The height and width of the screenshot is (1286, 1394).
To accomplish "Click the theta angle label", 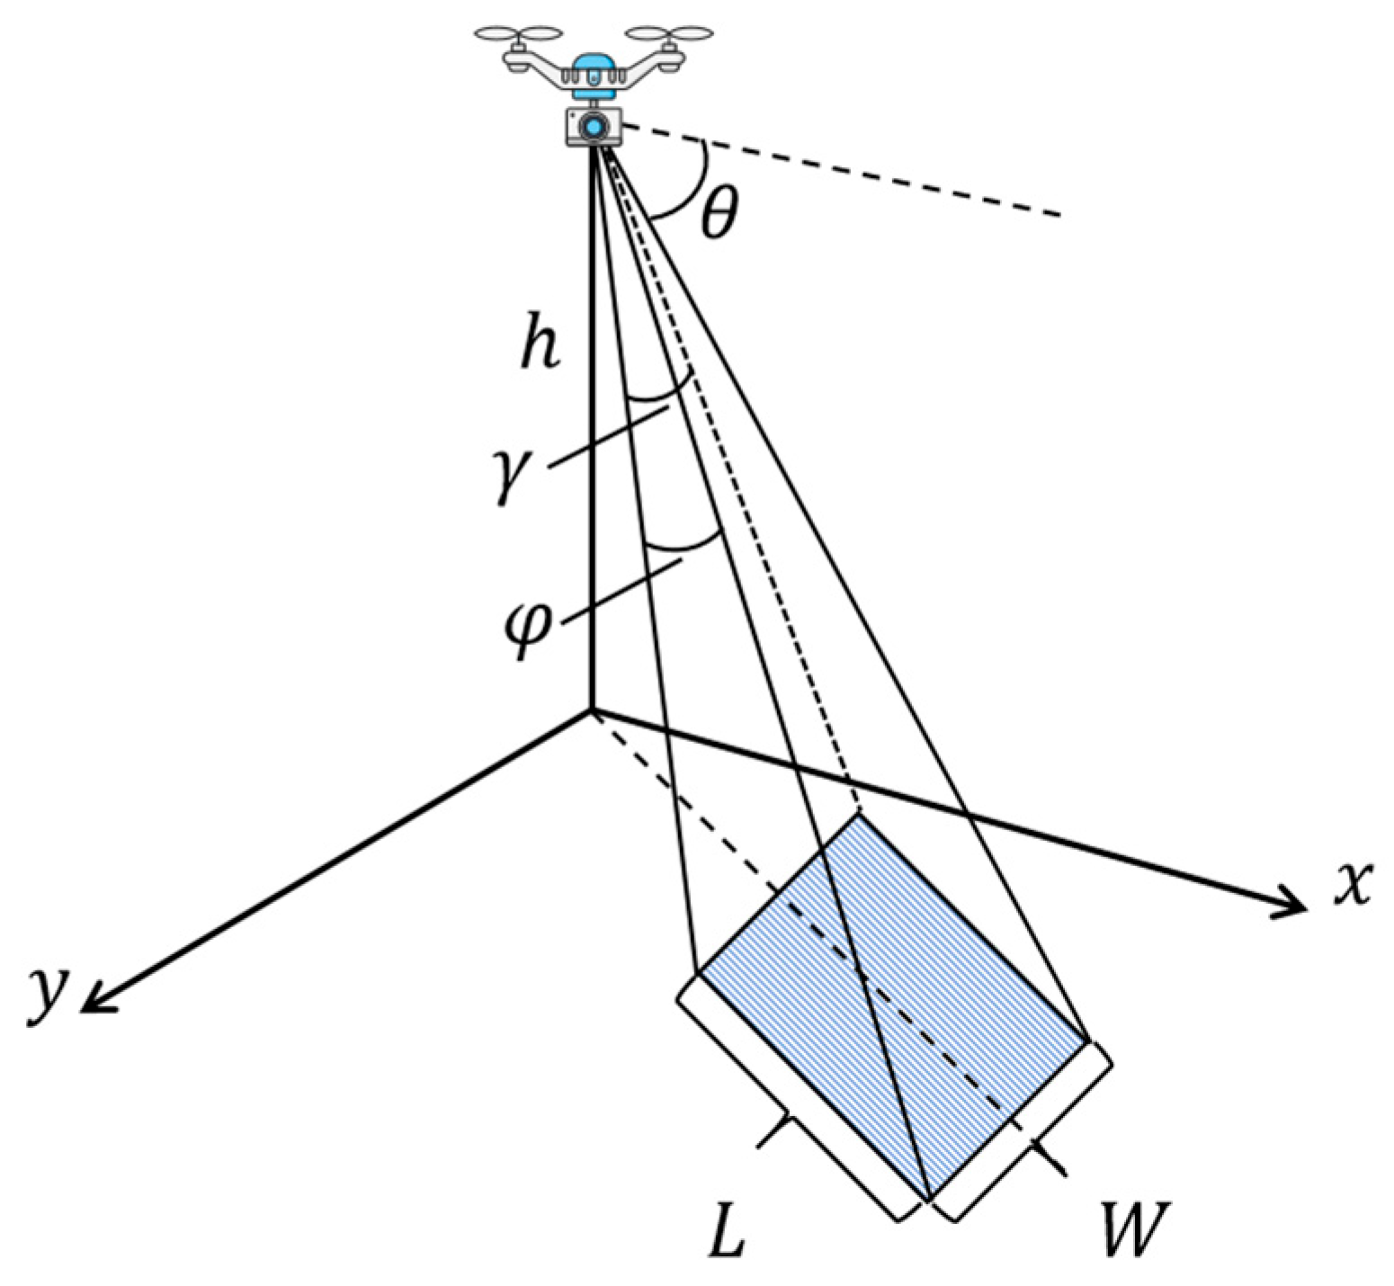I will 719,215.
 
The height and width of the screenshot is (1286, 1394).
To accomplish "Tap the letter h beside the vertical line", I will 541,344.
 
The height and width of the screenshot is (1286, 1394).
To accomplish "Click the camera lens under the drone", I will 593,126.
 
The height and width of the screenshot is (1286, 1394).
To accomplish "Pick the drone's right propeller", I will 667,35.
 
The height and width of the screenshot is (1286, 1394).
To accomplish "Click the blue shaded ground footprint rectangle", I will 890,998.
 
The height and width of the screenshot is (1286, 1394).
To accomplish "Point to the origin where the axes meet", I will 592,710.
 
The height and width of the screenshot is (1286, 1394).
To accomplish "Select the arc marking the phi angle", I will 684,545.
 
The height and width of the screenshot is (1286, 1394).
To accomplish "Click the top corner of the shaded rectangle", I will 859,814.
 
